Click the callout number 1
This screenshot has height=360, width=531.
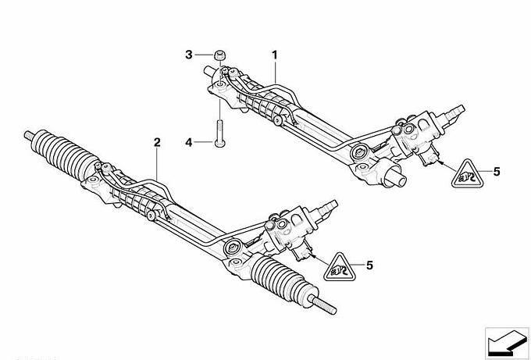(274, 55)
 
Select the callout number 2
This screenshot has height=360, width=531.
(157, 143)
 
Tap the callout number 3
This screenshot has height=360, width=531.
(189, 55)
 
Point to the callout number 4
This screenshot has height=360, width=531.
(189, 143)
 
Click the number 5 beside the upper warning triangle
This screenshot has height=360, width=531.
(497, 172)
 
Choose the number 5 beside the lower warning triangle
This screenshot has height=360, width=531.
(369, 266)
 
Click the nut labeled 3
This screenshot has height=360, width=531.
(220, 55)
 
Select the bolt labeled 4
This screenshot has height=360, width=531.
(220, 134)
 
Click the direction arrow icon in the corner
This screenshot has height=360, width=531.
(507, 343)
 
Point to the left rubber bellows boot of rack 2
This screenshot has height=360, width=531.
(64, 155)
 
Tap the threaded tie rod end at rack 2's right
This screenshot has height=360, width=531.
(324, 305)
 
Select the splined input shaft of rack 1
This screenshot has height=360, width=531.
(453, 114)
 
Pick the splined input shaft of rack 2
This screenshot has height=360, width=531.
(326, 209)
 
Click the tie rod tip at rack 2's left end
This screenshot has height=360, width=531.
(28, 135)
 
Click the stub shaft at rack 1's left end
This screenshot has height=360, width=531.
(209, 72)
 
